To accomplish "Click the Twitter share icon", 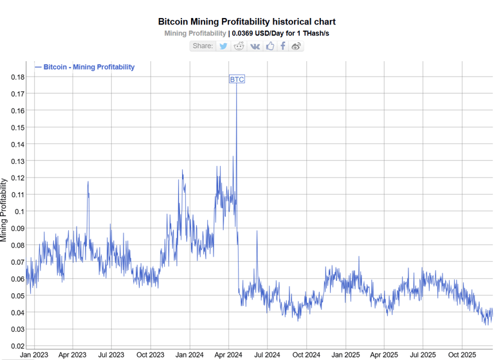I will click(223, 46).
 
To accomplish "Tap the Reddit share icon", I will click(239, 46).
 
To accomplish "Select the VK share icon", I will click(255, 46).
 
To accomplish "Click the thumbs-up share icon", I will click(270, 46).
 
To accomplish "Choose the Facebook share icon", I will click(283, 46).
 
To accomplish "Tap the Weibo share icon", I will click(296, 46).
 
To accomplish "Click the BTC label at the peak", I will click(237, 80).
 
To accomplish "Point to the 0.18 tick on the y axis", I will click(18, 77).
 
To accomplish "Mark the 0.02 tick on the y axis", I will click(18, 346).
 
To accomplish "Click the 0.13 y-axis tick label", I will click(18, 161).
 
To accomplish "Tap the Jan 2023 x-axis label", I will click(33, 354).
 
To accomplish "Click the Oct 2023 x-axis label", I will click(150, 354).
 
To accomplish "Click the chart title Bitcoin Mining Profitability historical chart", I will click(246, 22).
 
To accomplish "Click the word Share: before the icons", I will click(203, 46).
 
